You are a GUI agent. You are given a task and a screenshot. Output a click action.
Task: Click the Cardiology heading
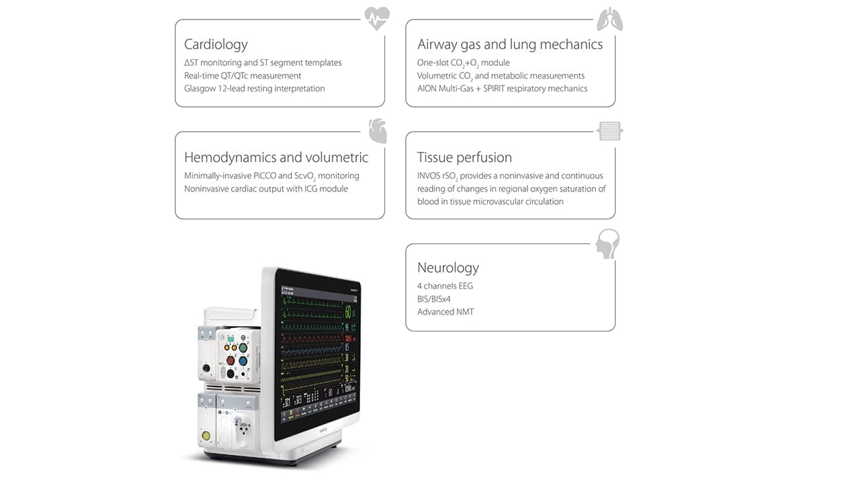click(216, 44)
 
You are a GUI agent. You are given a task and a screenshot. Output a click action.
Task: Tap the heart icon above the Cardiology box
click(376, 18)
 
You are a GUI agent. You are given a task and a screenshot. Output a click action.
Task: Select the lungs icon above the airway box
click(609, 19)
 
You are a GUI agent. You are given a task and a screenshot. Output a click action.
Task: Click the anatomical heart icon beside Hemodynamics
click(378, 131)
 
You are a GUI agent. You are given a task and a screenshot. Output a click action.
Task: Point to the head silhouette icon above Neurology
click(607, 244)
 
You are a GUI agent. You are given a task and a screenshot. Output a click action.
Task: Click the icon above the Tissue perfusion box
click(609, 131)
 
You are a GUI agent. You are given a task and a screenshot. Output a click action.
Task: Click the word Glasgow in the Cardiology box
click(200, 88)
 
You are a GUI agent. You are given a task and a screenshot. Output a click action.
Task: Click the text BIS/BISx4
click(434, 298)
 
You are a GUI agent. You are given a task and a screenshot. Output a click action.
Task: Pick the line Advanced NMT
click(445, 311)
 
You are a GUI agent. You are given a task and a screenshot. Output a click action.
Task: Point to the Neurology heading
click(448, 268)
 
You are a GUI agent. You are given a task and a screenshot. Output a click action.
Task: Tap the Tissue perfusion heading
click(464, 157)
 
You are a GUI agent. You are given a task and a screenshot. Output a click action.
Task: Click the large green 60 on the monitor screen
click(348, 312)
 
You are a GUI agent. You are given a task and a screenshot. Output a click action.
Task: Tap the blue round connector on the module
click(243, 361)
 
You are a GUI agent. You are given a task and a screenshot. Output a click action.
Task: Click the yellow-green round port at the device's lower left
click(206, 435)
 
